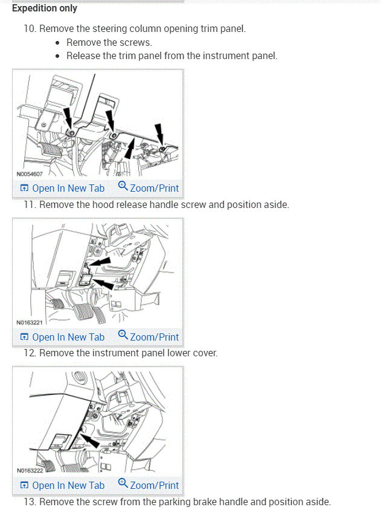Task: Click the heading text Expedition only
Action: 45,8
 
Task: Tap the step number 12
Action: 30,353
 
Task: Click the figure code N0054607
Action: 30,174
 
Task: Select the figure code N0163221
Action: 30,323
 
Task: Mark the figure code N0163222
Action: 30,471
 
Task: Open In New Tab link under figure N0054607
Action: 62,188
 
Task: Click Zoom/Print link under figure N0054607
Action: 149,188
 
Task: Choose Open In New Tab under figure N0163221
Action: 62,337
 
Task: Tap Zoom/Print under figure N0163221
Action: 149,337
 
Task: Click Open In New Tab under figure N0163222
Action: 62,485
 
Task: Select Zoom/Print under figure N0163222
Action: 149,485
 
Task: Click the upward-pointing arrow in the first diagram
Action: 128,148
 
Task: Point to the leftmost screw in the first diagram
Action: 71,132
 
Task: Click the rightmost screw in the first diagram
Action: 162,148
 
